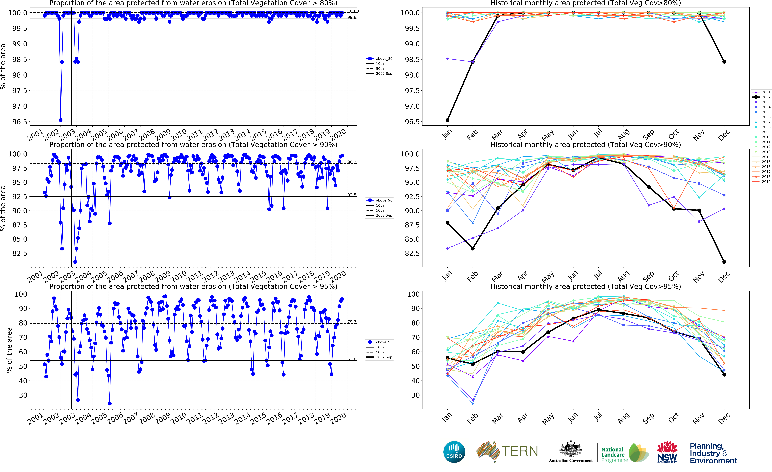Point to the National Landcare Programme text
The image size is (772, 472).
(x=614, y=455)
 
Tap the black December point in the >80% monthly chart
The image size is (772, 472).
(x=724, y=62)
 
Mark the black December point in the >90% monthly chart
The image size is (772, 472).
(x=724, y=262)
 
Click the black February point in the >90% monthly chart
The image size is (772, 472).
(x=472, y=249)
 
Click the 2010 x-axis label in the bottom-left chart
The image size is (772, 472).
(x=179, y=418)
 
